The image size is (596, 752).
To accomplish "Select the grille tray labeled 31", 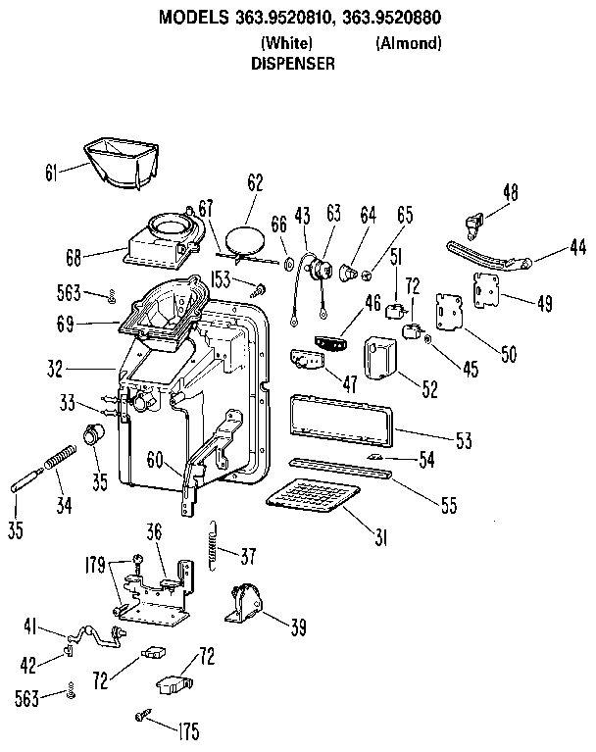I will click(316, 497).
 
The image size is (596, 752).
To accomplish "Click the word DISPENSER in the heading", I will click(294, 62).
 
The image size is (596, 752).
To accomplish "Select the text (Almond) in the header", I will click(408, 43).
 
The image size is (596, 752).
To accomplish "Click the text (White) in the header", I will click(286, 43).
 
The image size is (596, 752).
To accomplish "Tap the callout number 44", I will click(576, 249).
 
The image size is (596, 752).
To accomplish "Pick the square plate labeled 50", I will click(452, 316).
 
